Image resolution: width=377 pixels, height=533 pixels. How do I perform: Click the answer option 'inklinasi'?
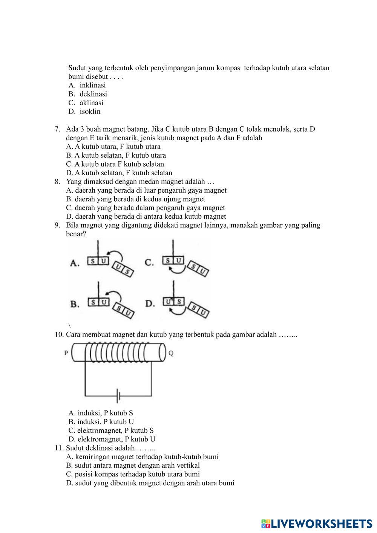point(92,86)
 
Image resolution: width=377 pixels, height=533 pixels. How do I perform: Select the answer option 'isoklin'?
point(90,112)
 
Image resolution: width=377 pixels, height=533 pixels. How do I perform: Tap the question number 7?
point(57,129)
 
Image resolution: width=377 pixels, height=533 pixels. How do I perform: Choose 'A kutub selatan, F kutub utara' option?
point(116,155)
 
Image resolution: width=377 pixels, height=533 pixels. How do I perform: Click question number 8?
point(57,182)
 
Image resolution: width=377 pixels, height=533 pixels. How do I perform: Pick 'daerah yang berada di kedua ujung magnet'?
point(136,199)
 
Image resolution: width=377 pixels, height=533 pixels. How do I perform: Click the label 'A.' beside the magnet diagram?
point(75,263)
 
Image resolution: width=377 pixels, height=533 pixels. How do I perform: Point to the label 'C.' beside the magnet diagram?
point(149,263)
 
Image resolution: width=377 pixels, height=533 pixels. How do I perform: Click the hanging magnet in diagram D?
point(173,302)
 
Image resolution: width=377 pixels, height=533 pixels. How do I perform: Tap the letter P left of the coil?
point(66,353)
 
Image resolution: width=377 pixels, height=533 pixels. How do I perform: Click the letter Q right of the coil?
point(171,354)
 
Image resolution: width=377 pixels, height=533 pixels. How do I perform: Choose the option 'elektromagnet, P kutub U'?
point(112,439)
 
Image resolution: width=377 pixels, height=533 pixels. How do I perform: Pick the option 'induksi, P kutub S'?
point(101,413)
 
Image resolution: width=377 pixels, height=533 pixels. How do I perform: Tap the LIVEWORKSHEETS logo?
point(317,524)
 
